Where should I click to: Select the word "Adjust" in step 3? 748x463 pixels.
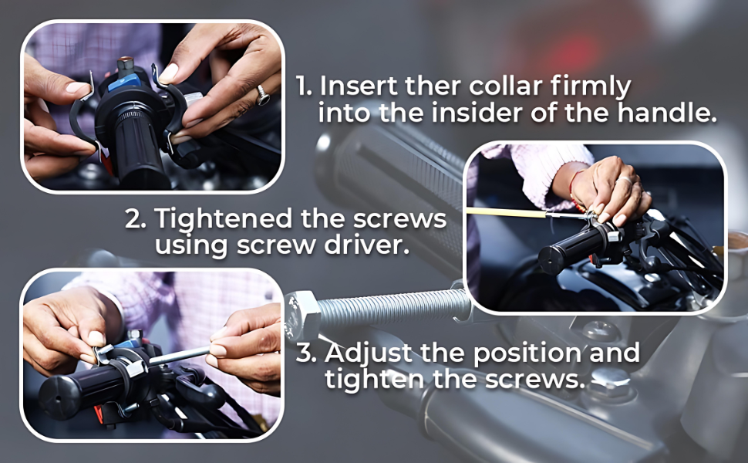click(368, 353)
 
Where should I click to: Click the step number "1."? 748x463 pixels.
click(304, 86)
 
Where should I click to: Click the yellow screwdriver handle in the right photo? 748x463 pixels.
click(506, 212)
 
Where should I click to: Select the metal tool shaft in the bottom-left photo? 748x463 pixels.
click(179, 356)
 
